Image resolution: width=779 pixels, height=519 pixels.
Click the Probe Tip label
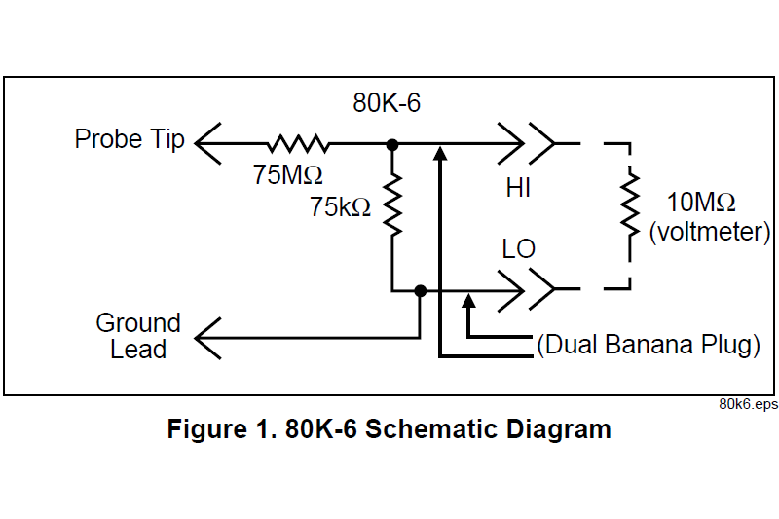click(130, 139)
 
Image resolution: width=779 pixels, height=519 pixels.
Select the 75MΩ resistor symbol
click(297, 144)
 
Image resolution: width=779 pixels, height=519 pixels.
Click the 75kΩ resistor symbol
click(392, 205)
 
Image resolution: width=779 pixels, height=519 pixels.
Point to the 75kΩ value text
click(340, 206)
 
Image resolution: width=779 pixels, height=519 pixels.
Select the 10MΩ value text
click(700, 204)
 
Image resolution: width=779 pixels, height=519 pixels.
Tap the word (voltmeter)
click(710, 232)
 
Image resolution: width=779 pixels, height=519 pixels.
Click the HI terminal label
click(518, 189)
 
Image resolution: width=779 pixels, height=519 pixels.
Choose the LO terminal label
click(519, 249)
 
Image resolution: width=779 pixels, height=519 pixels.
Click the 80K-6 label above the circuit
click(387, 103)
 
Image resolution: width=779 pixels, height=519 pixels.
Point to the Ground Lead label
click(138, 336)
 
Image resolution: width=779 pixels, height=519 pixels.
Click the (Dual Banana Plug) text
click(648, 346)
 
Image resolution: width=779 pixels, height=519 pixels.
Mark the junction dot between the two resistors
click(392, 145)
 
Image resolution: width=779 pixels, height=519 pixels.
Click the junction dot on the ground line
click(421, 290)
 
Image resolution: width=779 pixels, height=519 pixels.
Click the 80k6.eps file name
click(748, 404)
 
